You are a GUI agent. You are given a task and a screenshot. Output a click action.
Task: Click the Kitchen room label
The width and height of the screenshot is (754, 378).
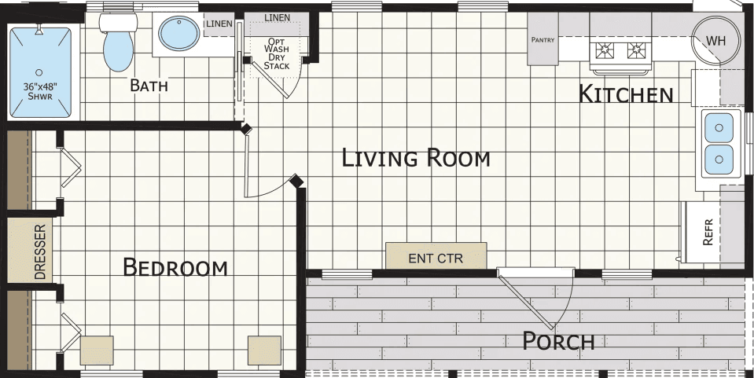(x=626, y=94)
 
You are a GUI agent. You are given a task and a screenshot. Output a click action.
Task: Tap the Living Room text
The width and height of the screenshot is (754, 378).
(x=416, y=159)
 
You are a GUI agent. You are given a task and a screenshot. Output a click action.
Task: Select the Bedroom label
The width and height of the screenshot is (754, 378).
(x=175, y=268)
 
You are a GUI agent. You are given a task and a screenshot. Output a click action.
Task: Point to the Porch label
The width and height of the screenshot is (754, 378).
(x=558, y=341)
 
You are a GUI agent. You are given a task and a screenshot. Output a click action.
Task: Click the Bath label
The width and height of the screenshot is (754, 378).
(x=149, y=86)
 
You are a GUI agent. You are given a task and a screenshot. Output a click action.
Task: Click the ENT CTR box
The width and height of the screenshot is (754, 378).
(x=436, y=257)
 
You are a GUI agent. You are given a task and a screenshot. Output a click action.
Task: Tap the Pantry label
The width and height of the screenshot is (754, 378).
(x=543, y=39)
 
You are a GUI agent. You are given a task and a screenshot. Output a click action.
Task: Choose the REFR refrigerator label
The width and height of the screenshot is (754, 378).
(x=708, y=233)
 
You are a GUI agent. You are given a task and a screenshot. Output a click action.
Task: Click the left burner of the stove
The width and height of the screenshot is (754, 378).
(x=604, y=52)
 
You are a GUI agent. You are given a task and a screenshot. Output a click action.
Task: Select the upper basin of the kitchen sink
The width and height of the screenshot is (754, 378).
(x=719, y=127)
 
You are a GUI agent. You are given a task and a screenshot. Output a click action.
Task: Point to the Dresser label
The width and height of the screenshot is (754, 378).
(x=40, y=252)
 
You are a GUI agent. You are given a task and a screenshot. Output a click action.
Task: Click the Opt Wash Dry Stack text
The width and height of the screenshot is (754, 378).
(x=276, y=54)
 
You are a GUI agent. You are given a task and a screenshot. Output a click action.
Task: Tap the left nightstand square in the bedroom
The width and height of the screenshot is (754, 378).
(x=96, y=350)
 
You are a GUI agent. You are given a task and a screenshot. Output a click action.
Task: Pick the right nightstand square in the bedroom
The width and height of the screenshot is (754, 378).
(x=264, y=350)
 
